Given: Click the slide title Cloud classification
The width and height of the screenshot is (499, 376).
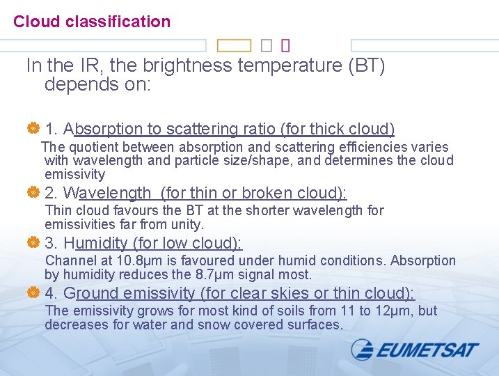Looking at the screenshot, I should [92, 22].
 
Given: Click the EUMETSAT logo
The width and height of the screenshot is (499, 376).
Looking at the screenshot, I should [415, 349].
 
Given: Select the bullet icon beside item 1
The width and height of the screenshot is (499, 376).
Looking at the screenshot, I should [32, 129].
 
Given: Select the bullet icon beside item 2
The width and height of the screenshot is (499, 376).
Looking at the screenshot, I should [32, 193].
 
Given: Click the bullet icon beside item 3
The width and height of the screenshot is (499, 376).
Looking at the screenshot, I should [32, 243].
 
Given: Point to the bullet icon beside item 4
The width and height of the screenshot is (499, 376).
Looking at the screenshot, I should [32, 293].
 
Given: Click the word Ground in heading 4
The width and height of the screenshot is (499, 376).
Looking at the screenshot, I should [90, 293].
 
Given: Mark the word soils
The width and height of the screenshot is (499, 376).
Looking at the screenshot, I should [276, 311].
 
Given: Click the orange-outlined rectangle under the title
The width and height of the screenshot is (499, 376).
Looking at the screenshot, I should [234, 46].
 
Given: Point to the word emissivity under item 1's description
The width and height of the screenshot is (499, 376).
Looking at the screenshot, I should [74, 175].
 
